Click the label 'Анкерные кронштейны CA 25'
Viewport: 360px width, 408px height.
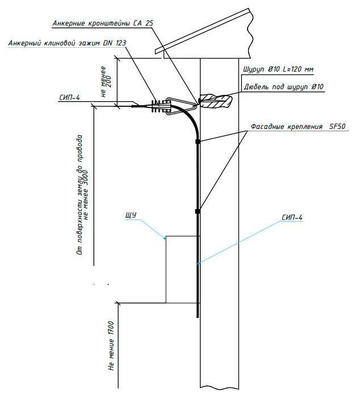pyautogui.click(x=103, y=23)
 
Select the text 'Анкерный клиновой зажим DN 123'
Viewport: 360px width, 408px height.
pyautogui.click(x=67, y=43)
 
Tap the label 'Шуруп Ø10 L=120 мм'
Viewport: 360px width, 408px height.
pyautogui.click(x=278, y=69)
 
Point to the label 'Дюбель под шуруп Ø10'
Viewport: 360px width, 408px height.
pyautogui.click(x=283, y=86)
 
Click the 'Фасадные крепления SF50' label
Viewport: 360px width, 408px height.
pyautogui.click(x=298, y=127)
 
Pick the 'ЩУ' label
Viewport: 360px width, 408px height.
pyautogui.click(x=131, y=215)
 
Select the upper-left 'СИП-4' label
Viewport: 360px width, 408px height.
pyautogui.click(x=69, y=98)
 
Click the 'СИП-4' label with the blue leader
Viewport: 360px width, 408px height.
pyautogui.click(x=292, y=217)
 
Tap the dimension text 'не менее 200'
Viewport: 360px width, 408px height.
pyautogui.click(x=106, y=82)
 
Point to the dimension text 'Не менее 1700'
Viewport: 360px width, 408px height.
pyautogui.click(x=111, y=346)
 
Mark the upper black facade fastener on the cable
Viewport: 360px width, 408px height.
pyautogui.click(x=198, y=141)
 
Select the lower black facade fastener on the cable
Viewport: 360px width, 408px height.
pyautogui.click(x=198, y=211)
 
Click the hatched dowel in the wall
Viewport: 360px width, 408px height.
pyautogui.click(x=215, y=101)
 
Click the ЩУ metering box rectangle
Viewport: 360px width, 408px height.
pyautogui.click(x=166, y=269)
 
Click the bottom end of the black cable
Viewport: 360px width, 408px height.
pyautogui.click(x=198, y=318)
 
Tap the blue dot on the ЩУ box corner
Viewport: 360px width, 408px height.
pyautogui.click(x=165, y=238)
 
